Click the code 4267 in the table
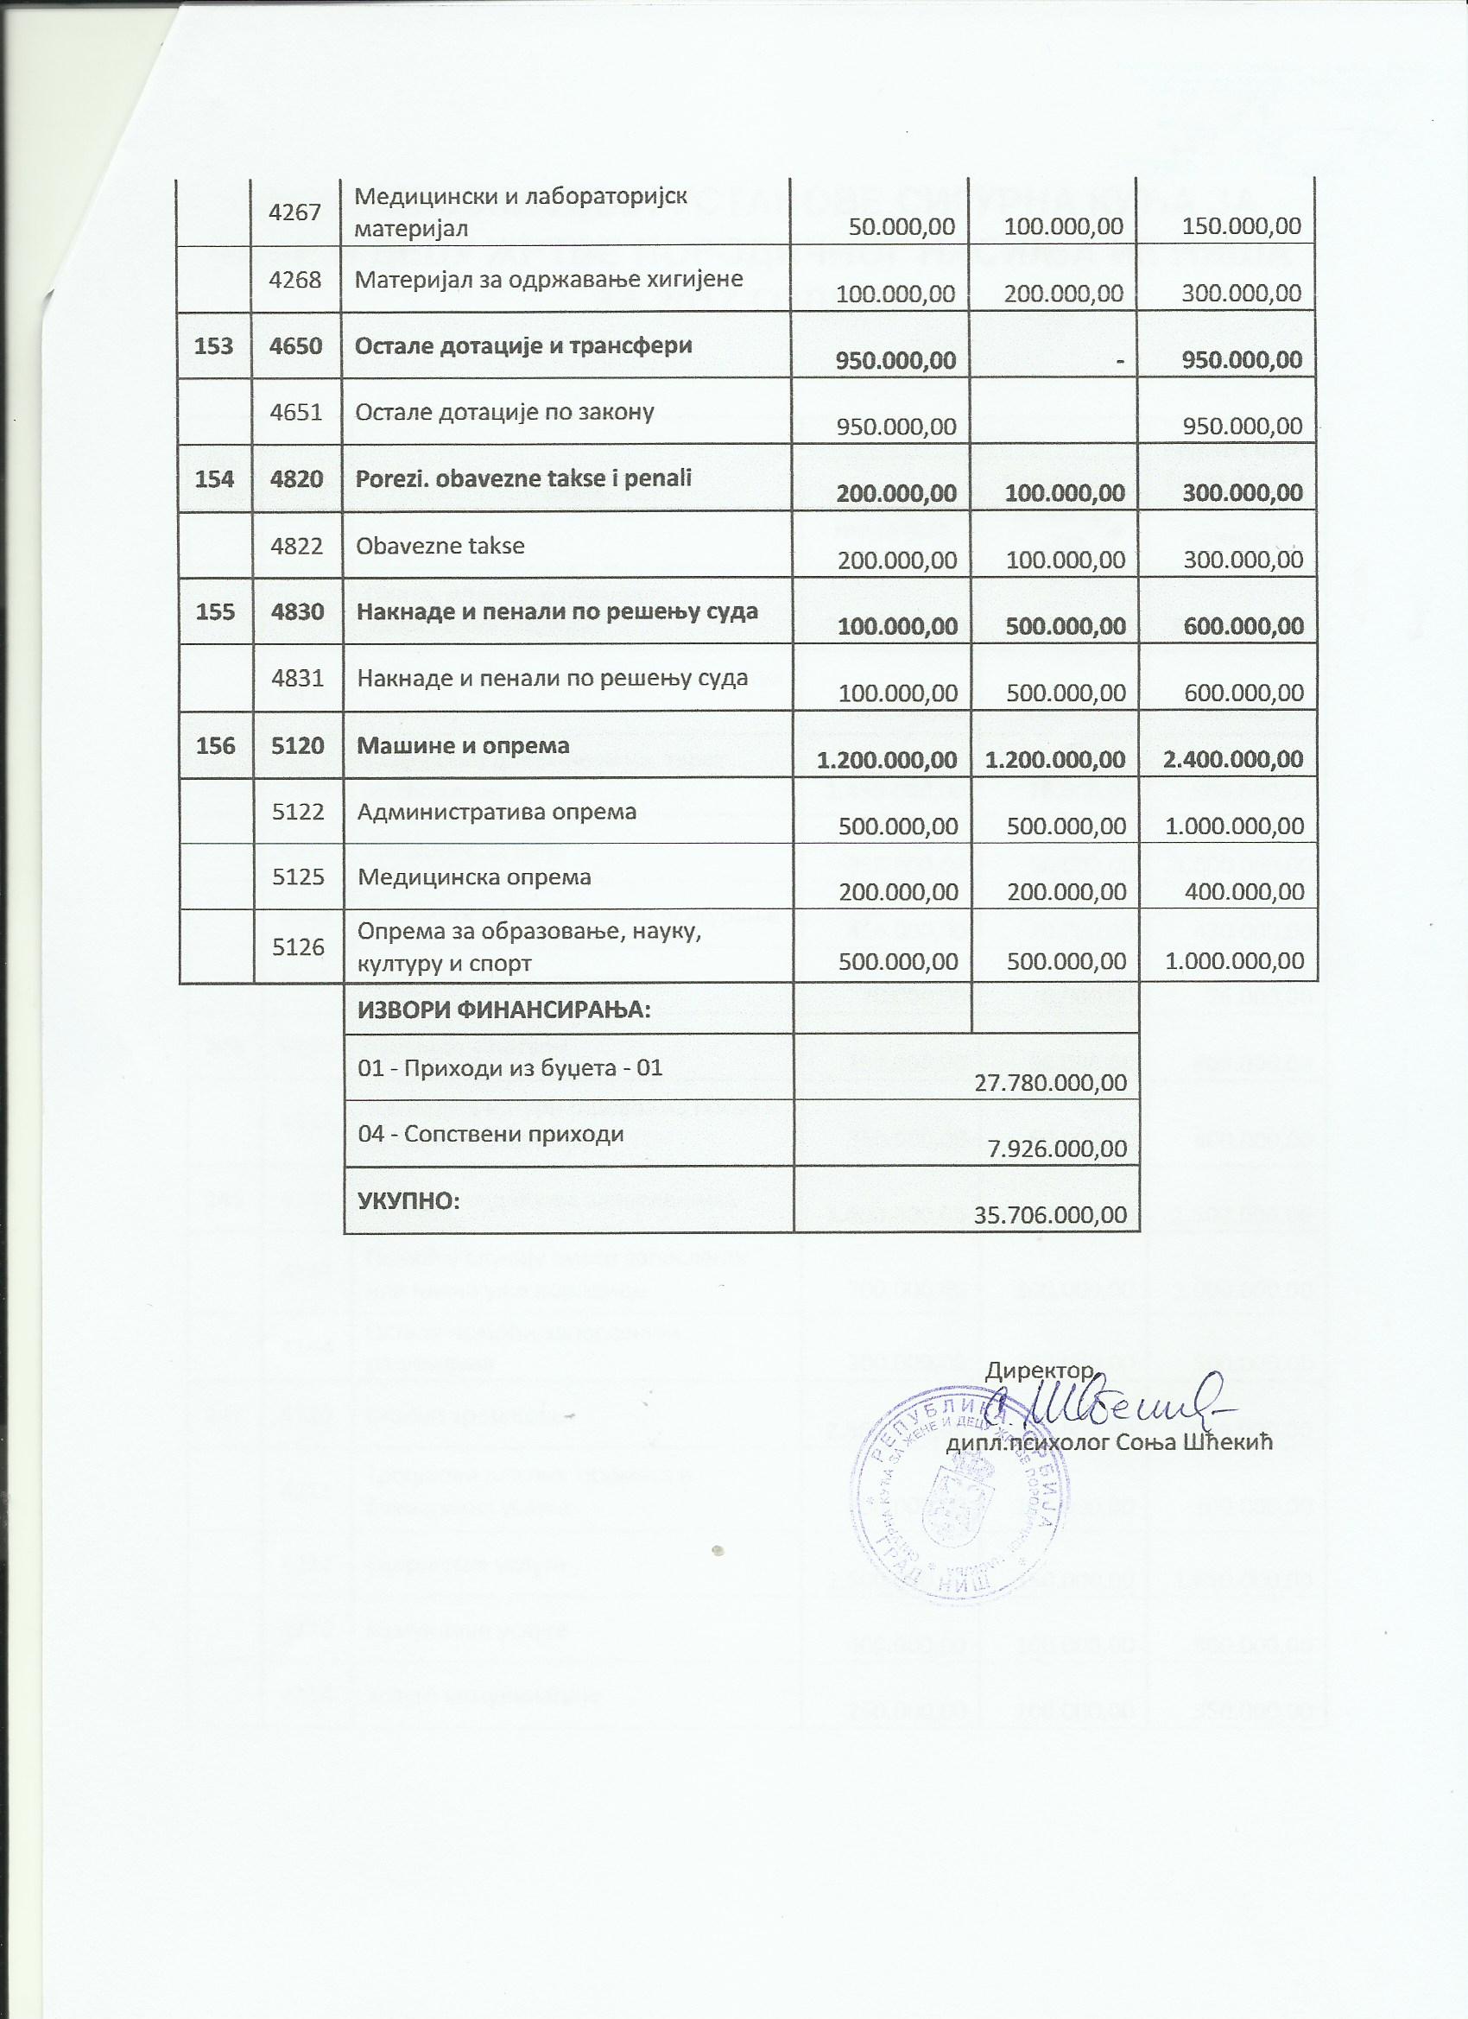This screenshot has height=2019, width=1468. pyautogui.click(x=297, y=212)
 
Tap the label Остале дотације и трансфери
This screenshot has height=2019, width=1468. pyautogui.click(x=523, y=345)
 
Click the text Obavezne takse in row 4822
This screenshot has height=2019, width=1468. pyautogui.click(x=440, y=545)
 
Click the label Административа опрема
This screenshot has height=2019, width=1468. pyautogui.click(x=497, y=812)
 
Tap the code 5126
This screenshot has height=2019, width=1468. pyautogui.click(x=297, y=946)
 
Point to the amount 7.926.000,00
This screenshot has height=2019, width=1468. pyautogui.click(x=1058, y=1149)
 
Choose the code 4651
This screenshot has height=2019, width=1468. pyautogui.click(x=297, y=412)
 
